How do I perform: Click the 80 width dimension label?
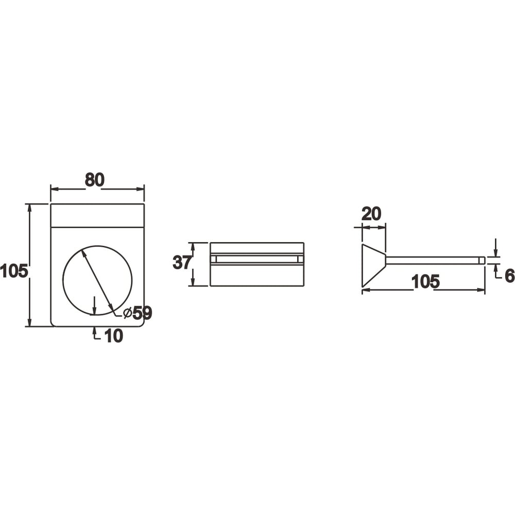95,180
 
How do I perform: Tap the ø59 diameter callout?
138,313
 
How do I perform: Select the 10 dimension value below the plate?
114,336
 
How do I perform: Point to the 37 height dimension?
182,263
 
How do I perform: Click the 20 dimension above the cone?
371,214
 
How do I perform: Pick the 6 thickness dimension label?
509,276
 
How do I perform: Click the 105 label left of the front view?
14,271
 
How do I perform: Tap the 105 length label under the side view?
425,282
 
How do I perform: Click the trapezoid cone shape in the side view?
373,265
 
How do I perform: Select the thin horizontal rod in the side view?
435,260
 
